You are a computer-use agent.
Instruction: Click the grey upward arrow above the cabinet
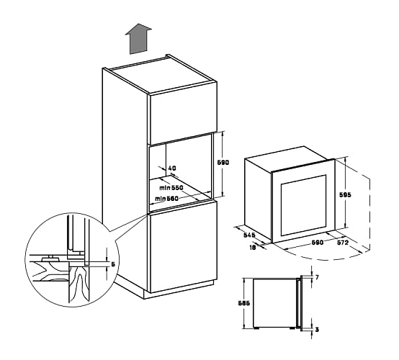138,39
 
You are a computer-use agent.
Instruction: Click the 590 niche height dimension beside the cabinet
223,162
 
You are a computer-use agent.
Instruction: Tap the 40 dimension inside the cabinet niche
172,168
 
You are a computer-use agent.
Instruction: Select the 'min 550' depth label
171,188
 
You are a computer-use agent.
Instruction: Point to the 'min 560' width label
166,199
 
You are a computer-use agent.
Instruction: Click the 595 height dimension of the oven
345,194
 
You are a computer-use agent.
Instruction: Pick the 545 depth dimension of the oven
249,235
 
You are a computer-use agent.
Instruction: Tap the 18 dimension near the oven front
252,247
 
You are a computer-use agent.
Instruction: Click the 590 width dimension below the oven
318,242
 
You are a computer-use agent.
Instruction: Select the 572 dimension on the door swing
343,243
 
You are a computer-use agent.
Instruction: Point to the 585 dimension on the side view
244,303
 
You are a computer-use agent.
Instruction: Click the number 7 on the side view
317,277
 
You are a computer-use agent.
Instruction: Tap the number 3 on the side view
317,330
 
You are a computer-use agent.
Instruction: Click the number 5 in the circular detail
113,264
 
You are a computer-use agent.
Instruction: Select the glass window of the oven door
303,205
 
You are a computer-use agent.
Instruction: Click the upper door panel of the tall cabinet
183,113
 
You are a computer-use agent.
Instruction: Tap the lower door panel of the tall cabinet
183,247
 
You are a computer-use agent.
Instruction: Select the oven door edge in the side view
302,303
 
